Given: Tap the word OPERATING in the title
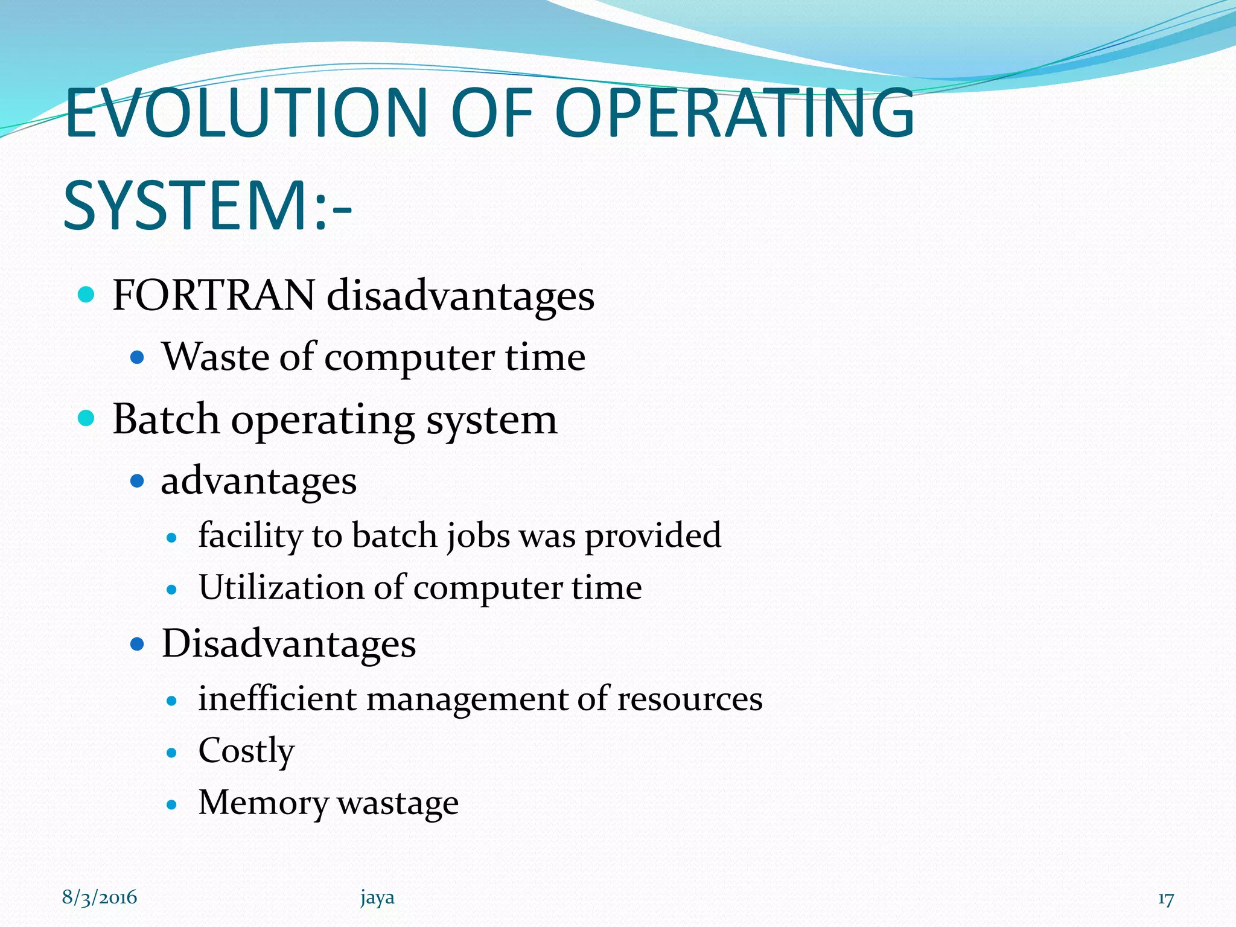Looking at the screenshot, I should pos(734,113).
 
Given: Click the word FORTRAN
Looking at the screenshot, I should pos(214,296).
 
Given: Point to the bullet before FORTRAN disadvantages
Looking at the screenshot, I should pos(87,295).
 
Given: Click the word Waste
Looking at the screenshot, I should pos(215,356).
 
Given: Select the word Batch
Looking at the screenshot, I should pos(166,419).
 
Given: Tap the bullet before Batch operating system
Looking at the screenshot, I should pos(87,418).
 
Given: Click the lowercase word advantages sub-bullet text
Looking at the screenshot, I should pos(258,482).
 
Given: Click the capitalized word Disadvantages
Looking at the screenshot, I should pos(288,643).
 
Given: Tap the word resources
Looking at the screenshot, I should pos(689,699).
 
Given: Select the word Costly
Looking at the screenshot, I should pos(246,752).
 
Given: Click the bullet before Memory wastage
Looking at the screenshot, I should pos(172,804).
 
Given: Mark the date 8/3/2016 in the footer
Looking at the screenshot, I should pos(100,897).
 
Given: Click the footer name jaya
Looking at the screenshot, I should pos(377,898).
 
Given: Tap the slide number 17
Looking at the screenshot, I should pos(1165,899).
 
